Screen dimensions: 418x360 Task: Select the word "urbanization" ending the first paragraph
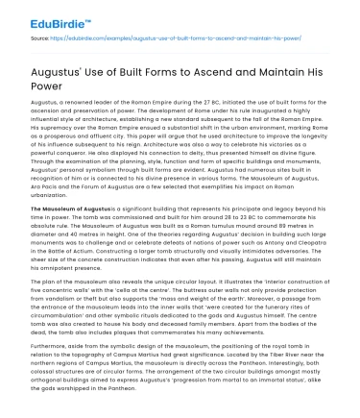point(53,203)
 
